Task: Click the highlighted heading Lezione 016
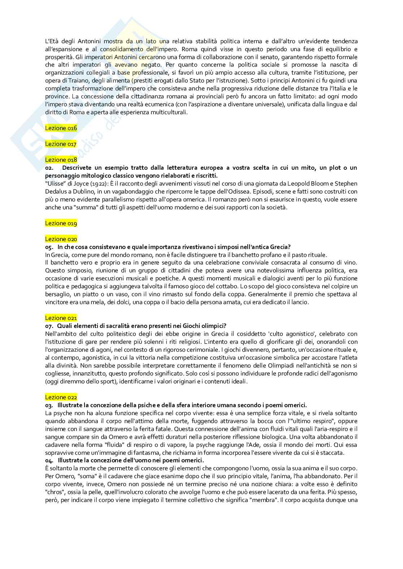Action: tap(61, 128)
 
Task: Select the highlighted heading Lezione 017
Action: tap(61, 144)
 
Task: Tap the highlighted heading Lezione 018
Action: tap(61, 160)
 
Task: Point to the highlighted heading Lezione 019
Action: tap(61, 223)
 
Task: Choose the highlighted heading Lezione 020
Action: tap(61, 239)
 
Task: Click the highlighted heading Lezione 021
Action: tap(61, 318)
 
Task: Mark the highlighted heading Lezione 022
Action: tap(61, 397)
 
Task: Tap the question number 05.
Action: tap(49, 247)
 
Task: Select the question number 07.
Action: tap(49, 326)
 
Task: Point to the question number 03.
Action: tap(49, 405)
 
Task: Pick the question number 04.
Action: tap(49, 461)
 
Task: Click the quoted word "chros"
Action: tap(54, 492)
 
